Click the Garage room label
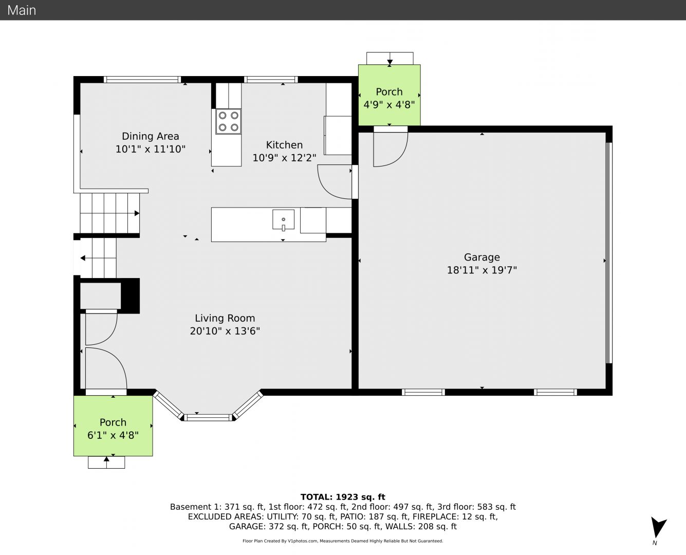482,257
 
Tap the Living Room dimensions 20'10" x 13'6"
225,331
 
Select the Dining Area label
151,136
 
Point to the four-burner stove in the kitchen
228,121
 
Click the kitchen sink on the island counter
284,219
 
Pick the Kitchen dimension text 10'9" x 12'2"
284,158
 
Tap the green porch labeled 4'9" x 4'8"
390,95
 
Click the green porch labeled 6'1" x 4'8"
113,425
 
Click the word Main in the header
22,10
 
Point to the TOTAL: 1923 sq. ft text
343,497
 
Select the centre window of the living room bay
209,417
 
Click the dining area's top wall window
142,80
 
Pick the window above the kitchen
271,80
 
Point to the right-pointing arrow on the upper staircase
137,213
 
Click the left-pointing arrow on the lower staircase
83,258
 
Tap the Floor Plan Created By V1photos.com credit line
343,541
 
